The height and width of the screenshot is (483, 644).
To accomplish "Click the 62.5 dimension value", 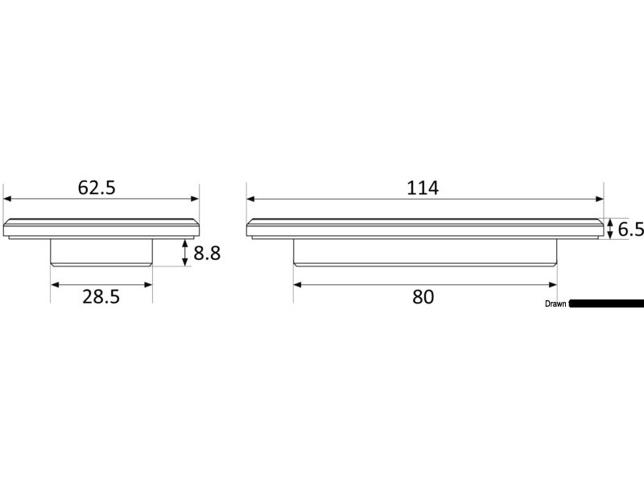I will tap(97, 188).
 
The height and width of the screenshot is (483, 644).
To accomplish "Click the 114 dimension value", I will tap(423, 188).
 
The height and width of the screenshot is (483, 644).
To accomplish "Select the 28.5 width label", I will tap(101, 296).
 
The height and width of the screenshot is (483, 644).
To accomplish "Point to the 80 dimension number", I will tap(423, 296).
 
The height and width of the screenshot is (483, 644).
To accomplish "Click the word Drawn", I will tap(556, 304).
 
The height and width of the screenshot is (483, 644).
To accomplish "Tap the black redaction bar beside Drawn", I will tap(608, 304).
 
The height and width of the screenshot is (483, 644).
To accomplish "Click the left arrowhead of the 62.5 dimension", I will tap(7, 198).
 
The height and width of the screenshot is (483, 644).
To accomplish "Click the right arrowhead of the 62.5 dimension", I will tap(195, 198).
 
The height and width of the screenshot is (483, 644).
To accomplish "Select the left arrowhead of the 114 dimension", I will tap(250, 198).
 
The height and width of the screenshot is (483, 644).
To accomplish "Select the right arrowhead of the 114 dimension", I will tap(600, 198).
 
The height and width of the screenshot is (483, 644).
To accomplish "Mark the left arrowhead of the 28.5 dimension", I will tap(55, 283).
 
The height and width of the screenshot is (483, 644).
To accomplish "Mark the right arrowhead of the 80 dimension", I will tap(554, 283).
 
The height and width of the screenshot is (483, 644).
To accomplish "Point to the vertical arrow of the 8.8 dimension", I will tap(187, 253).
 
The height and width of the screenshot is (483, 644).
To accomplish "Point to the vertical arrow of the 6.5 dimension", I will tap(611, 229).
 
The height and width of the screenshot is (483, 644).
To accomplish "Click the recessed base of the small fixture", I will tap(101, 253).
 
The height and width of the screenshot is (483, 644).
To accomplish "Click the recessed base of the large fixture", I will tap(425, 253).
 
